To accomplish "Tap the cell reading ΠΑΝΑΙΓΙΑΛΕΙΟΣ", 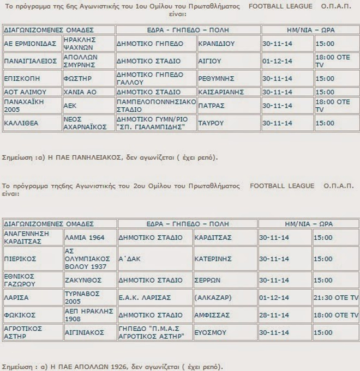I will (31, 61).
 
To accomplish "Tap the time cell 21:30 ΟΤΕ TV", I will (335, 297).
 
